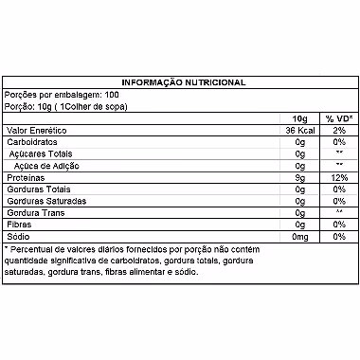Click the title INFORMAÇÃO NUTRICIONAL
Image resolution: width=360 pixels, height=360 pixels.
[179, 82]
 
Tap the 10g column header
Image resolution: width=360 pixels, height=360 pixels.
[299, 118]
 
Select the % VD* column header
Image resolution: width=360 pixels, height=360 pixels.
[338, 118]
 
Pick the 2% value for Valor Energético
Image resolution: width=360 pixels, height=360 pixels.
[338, 130]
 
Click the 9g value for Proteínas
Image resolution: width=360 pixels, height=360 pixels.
[299, 176]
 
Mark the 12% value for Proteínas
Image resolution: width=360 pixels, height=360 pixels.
[338, 176]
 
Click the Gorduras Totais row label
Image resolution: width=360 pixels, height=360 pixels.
[36, 189]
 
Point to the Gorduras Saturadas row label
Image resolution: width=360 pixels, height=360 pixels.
[44, 200]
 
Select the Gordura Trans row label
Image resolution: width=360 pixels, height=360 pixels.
[34, 212]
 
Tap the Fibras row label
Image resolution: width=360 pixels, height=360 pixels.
[20, 224]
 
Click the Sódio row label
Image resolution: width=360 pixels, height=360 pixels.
[19, 235]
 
